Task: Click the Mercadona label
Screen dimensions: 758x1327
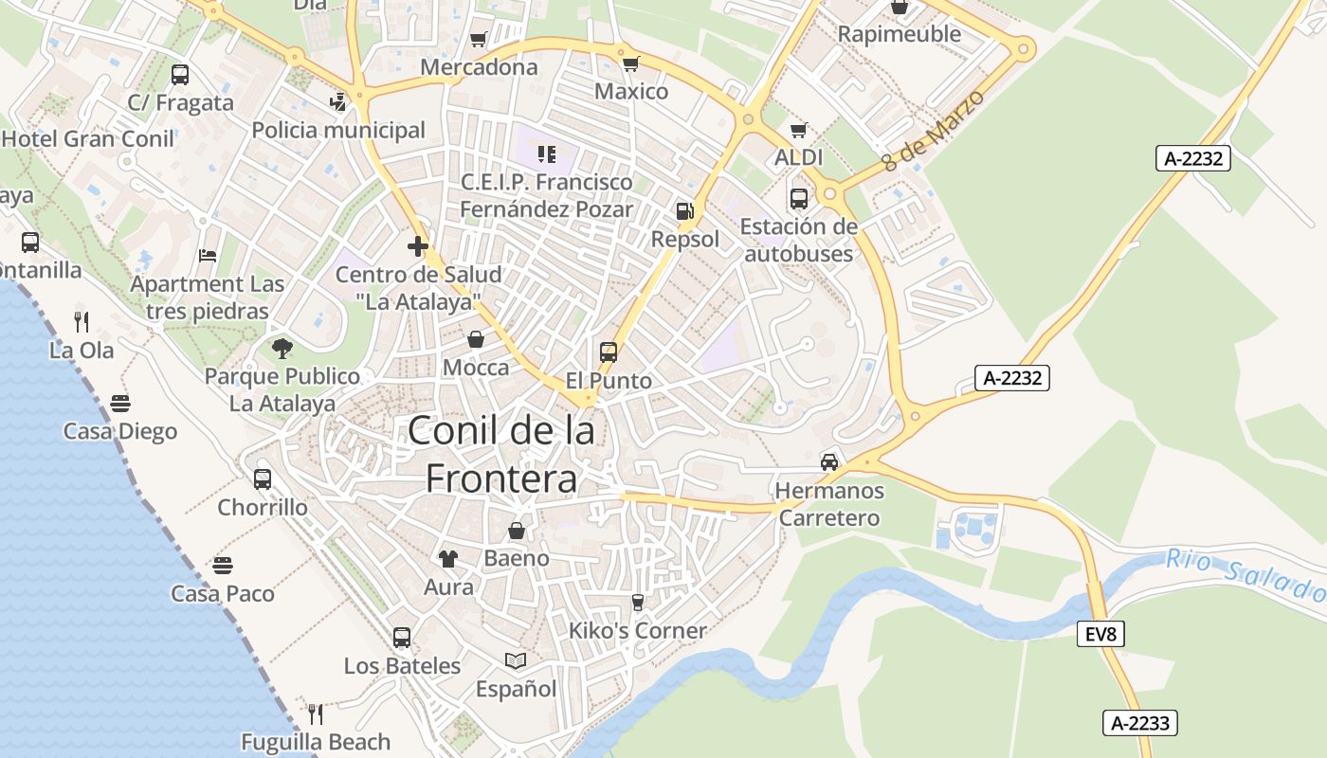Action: point(479,67)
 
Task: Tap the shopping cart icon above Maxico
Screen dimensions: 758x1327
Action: point(630,63)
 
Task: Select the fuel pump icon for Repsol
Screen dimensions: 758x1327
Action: point(684,211)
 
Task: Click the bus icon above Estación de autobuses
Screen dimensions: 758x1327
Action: point(799,199)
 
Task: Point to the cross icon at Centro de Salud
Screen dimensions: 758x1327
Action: point(418,247)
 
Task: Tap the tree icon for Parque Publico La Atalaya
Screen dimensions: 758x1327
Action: point(282,349)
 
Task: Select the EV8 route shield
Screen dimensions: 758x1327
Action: point(1100,635)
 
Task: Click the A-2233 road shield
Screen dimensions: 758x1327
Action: point(1140,723)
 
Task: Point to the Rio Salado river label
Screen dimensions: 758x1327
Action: point(1245,573)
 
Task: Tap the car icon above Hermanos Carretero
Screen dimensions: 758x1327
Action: point(829,462)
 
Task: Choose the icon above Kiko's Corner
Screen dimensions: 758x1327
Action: point(637,603)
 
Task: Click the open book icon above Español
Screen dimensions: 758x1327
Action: point(516,660)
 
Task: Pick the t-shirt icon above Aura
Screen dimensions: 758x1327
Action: point(448,559)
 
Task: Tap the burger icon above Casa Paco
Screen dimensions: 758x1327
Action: point(223,566)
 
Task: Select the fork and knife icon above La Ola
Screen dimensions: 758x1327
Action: point(82,322)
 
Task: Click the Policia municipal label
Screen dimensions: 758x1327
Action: point(338,130)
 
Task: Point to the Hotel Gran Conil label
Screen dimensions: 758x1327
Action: point(88,138)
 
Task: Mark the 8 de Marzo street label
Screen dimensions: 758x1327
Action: point(933,130)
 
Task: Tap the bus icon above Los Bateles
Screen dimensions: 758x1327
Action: point(402,637)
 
